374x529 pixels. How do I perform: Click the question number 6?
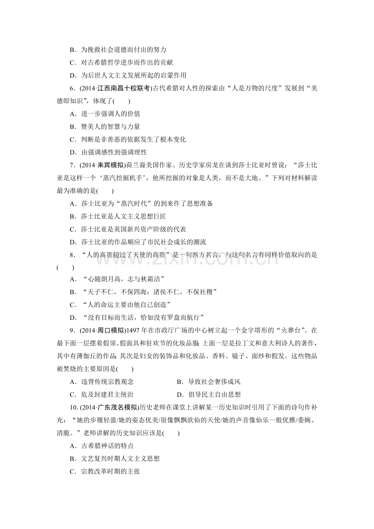tap(72, 89)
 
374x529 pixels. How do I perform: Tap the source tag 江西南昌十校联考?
tap(124, 89)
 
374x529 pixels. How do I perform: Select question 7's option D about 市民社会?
tap(138, 242)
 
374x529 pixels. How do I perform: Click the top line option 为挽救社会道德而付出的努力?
tap(118, 50)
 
